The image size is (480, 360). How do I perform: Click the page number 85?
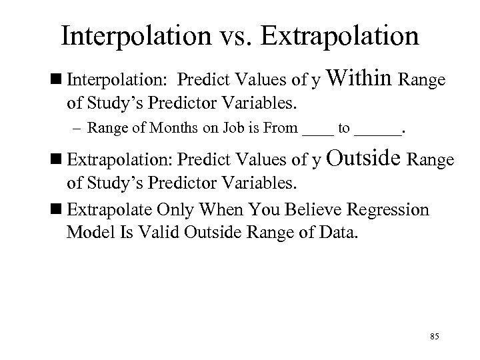[x=435, y=335]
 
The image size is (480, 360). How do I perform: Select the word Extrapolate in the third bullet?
[x=108, y=211]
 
